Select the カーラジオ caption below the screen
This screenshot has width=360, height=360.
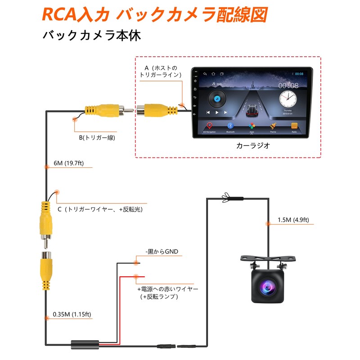click(252, 146)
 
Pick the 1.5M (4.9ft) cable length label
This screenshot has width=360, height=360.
click(293, 220)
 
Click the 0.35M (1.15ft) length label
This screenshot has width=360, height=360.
click(71, 313)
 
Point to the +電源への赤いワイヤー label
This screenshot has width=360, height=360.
click(167, 288)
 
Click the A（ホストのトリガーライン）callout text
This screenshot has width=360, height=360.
click(161, 72)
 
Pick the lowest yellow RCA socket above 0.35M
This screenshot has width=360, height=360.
click(46, 270)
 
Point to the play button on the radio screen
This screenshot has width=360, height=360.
click(217, 112)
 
